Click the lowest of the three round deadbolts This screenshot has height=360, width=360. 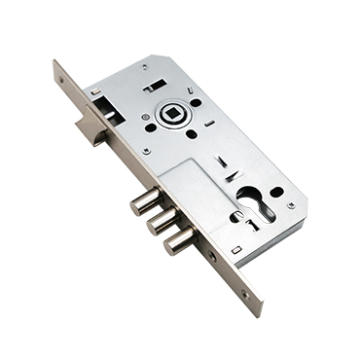(x=179, y=240)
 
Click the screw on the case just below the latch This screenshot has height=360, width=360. (x=146, y=152)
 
